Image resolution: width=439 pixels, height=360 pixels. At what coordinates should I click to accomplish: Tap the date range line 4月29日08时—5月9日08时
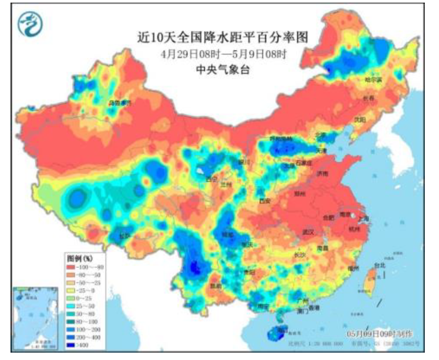click(222, 54)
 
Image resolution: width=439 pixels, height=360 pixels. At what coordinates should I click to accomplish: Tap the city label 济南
click(321, 173)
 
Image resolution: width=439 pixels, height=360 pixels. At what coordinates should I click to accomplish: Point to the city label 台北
click(379, 266)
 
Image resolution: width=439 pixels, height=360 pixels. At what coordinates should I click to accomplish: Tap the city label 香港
click(314, 308)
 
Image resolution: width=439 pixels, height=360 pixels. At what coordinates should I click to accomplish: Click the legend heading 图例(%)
click(79, 259)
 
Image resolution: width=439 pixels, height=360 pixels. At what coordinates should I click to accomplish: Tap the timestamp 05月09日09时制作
click(380, 334)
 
